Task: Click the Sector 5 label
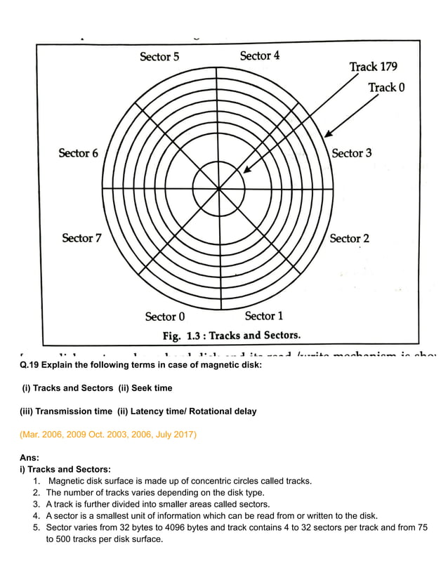tap(159, 57)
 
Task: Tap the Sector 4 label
tap(260, 55)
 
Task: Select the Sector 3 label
tap(351, 153)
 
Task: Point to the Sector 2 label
tap(349, 239)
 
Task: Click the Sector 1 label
tap(264, 316)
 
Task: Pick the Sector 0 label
tap(165, 317)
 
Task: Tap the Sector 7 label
tap(81, 238)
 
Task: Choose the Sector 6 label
tap(78, 153)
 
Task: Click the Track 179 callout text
tap(373, 67)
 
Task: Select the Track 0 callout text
tap(386, 88)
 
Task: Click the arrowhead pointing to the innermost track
tap(245, 169)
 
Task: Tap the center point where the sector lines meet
tap(219, 188)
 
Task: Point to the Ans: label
tap(29, 458)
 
